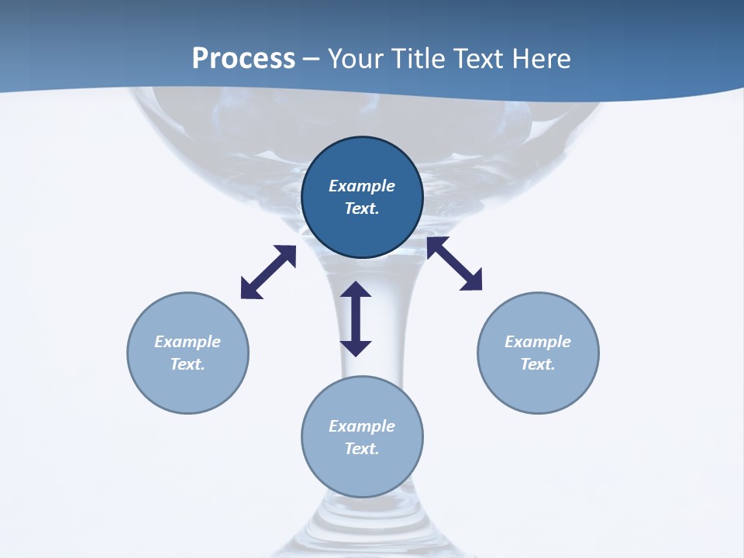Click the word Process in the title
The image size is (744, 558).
click(243, 59)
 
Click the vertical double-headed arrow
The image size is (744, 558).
click(356, 319)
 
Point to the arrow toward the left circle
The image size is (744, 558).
click(268, 272)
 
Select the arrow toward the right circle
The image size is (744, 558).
click(454, 263)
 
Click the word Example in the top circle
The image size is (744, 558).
click(362, 186)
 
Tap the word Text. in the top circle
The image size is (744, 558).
click(362, 208)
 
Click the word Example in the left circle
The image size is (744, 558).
click(188, 342)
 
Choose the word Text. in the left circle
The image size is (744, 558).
click(188, 364)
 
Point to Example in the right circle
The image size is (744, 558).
click(538, 342)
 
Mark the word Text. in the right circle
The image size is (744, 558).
click(538, 364)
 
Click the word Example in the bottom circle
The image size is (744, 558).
click(362, 426)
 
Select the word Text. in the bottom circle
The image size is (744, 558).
click(362, 449)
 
